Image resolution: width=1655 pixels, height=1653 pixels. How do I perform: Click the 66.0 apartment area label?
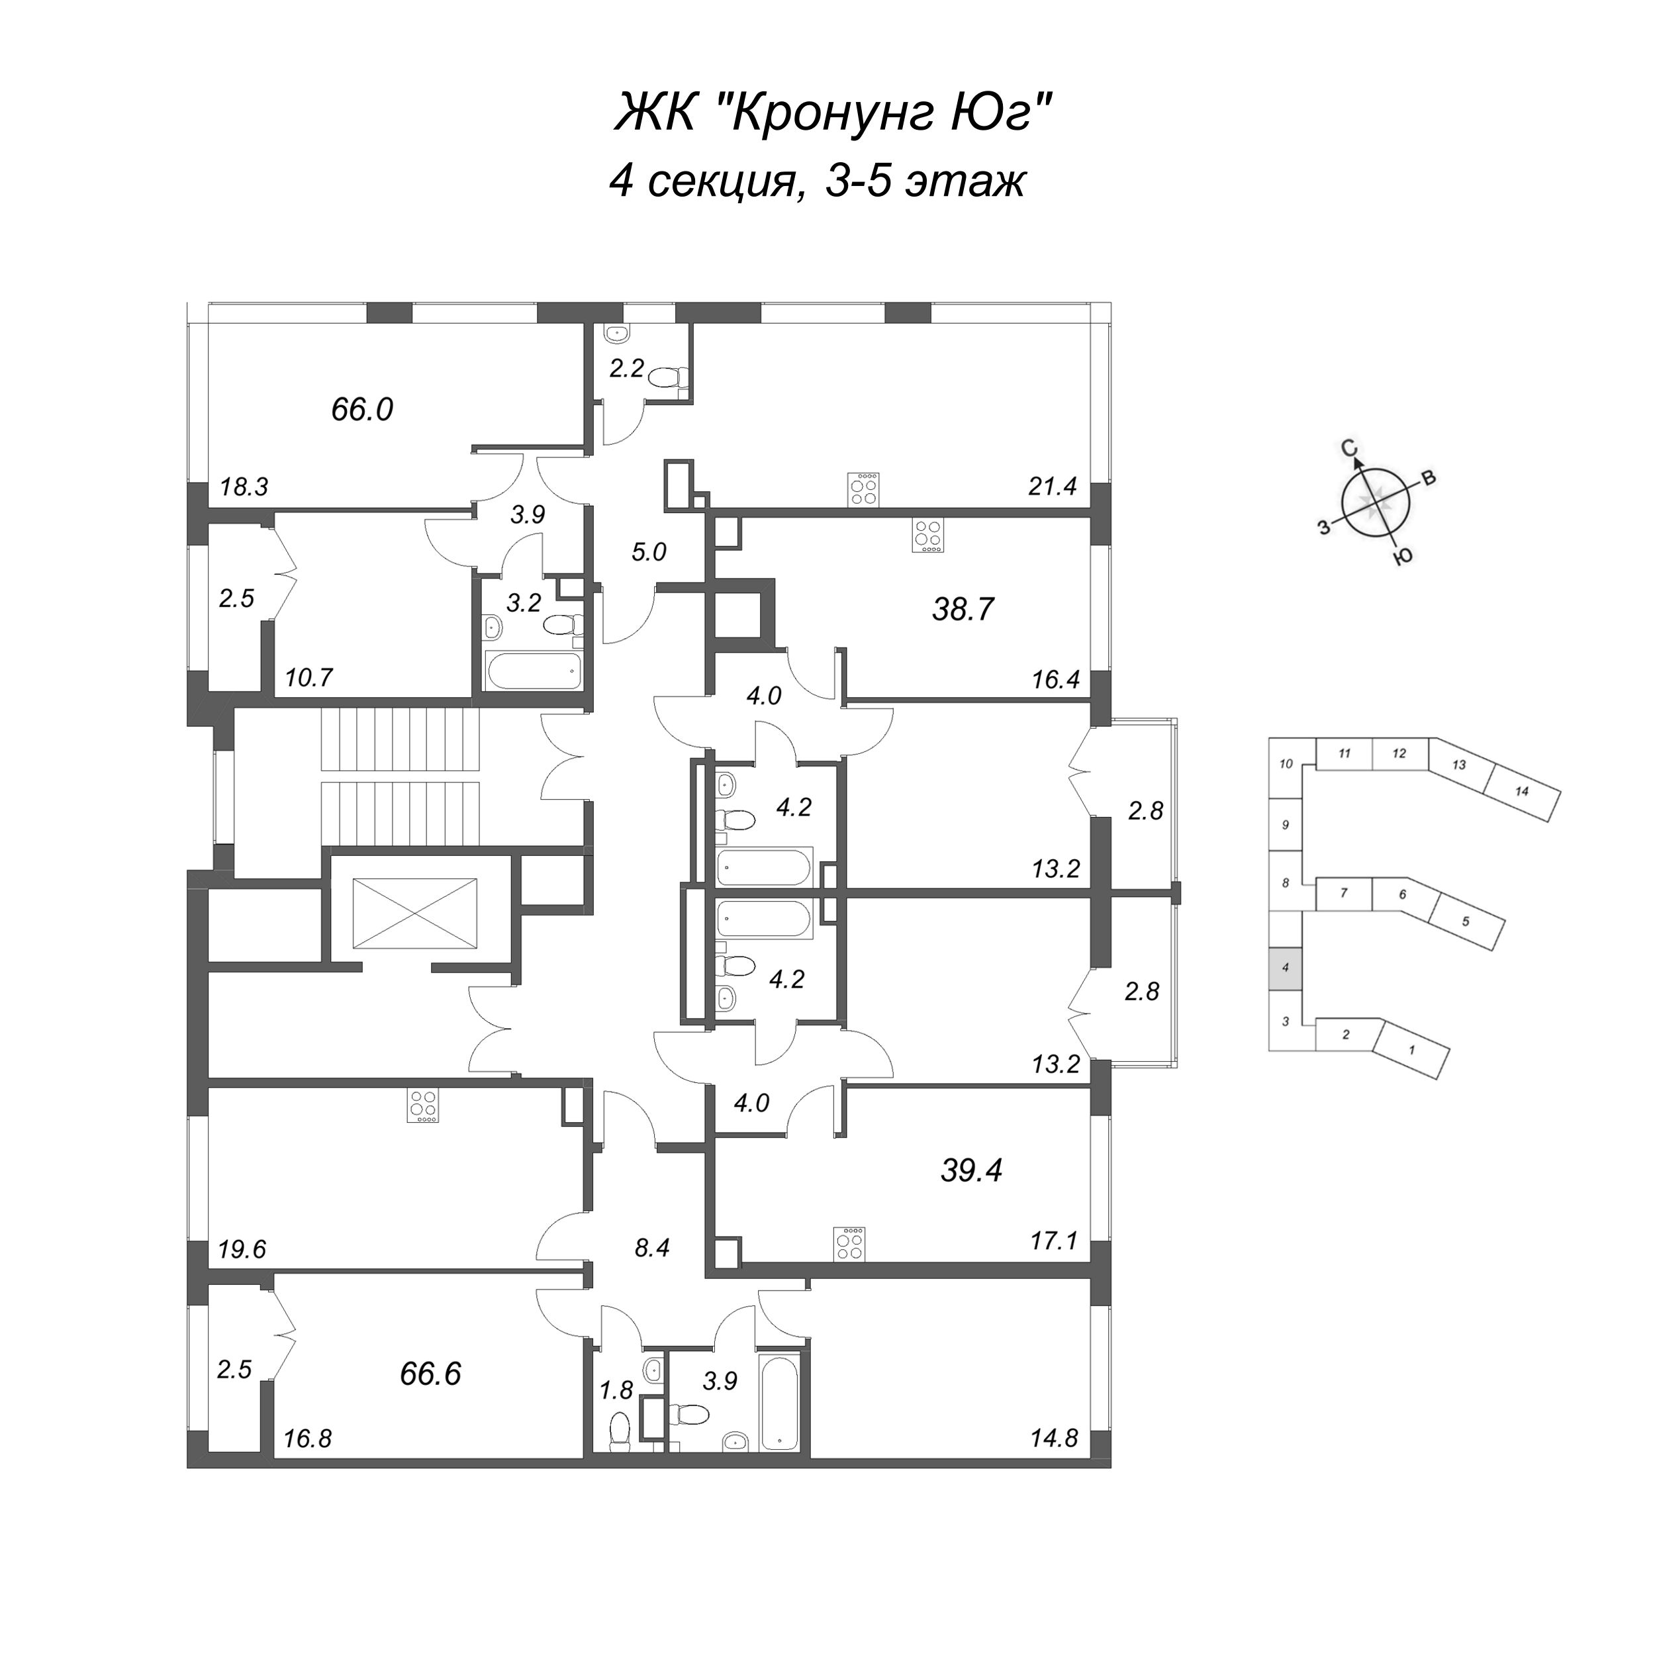361,410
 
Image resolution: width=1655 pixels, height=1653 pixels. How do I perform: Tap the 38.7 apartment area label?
963,610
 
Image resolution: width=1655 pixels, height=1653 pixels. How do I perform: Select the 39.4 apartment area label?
971,1170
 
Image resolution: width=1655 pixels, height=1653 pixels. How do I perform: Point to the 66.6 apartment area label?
430,1374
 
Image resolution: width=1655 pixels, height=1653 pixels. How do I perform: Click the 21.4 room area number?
1052,487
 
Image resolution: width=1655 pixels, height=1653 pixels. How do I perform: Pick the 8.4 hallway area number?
652,1248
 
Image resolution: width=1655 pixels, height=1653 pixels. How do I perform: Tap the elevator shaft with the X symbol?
414,913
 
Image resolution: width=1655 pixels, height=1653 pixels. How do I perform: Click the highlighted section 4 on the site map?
1285,968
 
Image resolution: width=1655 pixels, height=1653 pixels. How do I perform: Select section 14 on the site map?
1521,791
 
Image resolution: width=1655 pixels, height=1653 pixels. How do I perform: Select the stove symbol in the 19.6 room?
423,1106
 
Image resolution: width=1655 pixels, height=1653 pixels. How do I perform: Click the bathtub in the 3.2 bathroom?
534,670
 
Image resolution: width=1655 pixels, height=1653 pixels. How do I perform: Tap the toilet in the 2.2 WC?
665,376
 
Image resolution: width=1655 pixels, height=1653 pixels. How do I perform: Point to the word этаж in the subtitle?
965,181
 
